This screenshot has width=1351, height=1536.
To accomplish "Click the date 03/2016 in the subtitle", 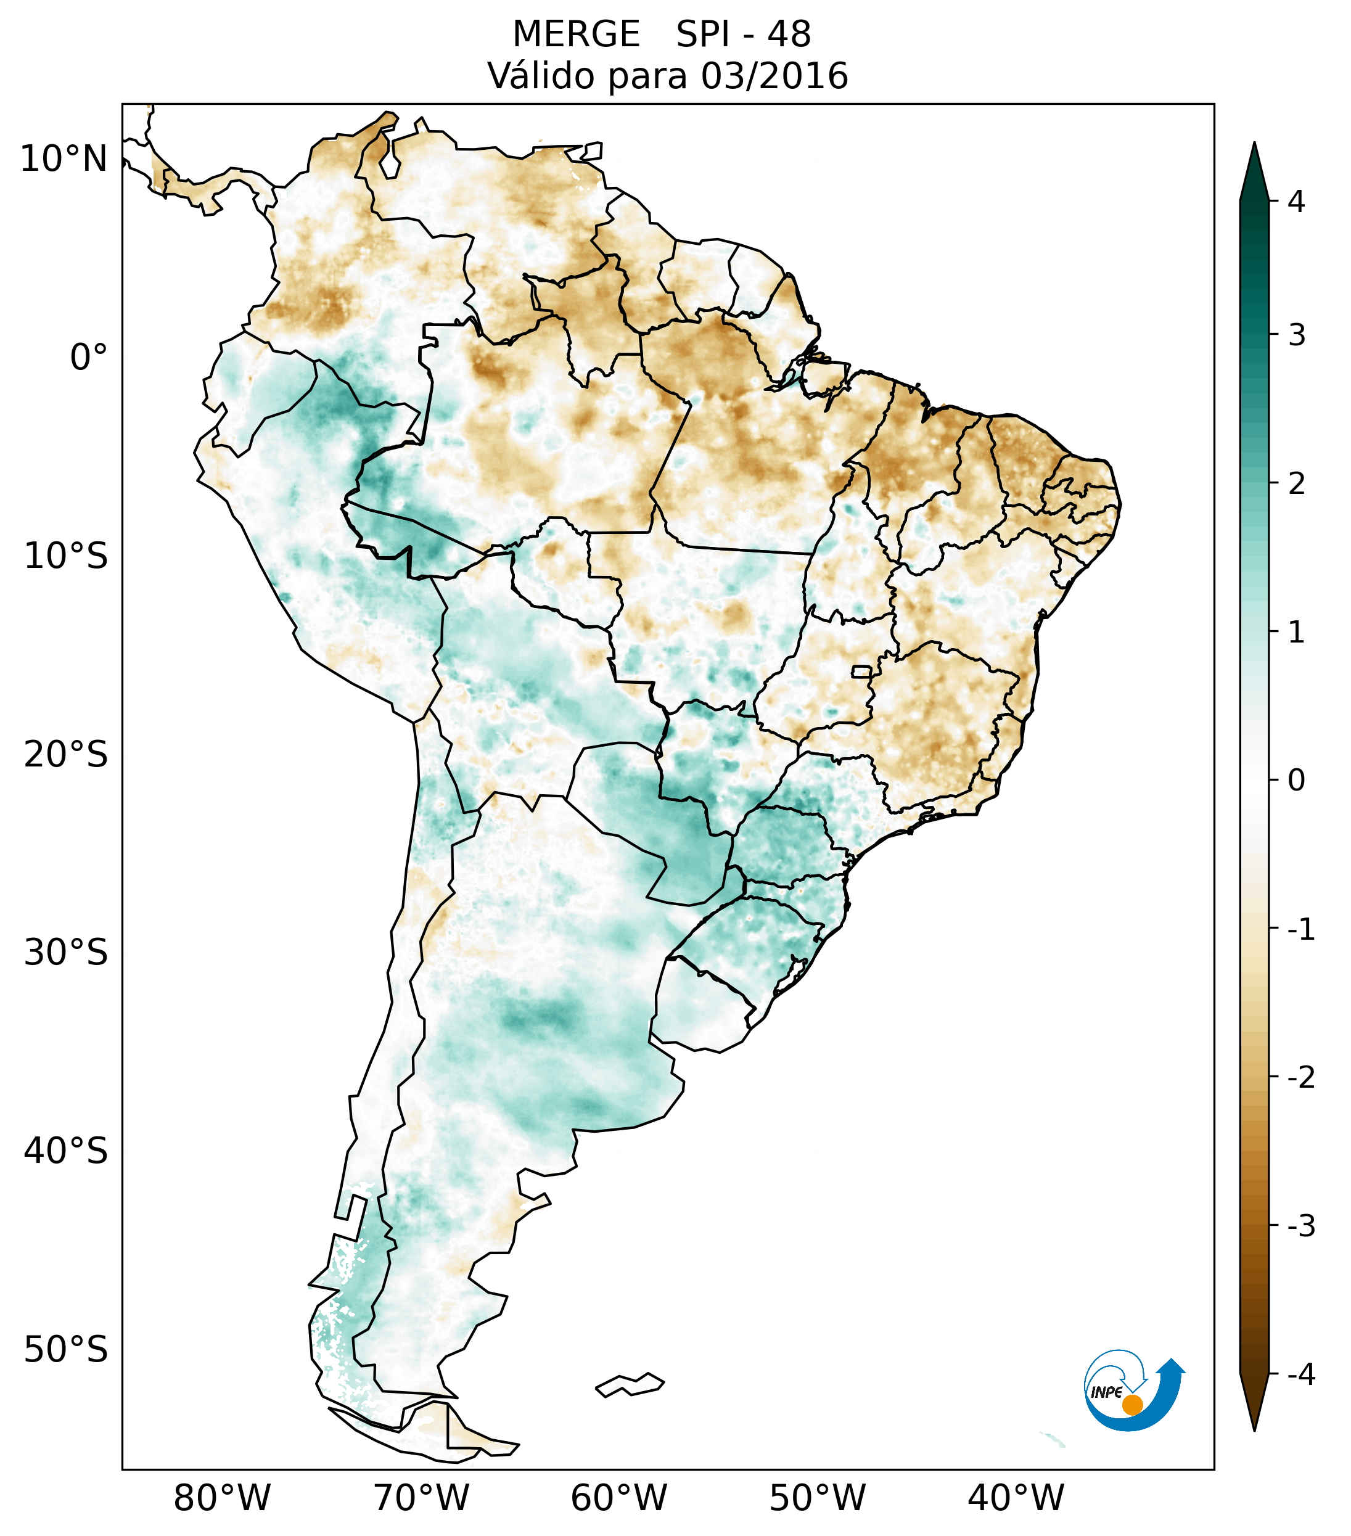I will (774, 76).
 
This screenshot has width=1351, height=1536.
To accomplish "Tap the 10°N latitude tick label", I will (64, 159).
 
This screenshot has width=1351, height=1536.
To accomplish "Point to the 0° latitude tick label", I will (89, 358).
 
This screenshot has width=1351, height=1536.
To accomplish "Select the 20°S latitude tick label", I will (66, 755).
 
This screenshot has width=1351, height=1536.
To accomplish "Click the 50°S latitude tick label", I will (66, 1350).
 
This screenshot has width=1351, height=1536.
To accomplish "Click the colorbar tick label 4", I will (1296, 202).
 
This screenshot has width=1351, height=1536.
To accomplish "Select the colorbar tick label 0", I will (1296, 781).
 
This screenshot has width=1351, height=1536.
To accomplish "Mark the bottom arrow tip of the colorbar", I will (1254, 1429).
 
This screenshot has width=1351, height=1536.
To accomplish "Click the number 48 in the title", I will (789, 35).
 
